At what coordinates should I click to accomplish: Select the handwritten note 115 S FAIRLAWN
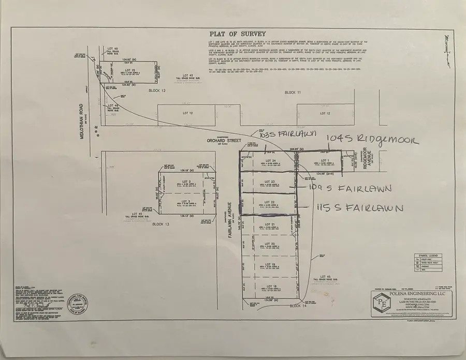coord(360,207)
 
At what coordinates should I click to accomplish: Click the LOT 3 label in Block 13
coord(186,201)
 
